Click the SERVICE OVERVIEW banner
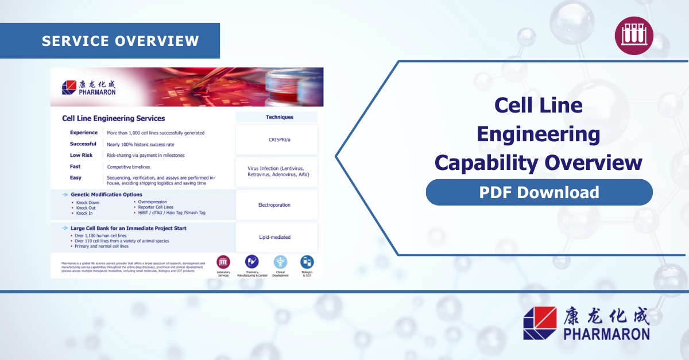pos(120,41)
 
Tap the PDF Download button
pos(539,192)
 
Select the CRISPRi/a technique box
pos(276,140)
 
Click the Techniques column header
pos(280,117)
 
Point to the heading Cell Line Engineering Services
pos(113,118)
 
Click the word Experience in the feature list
pos(84,133)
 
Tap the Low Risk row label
pos(81,155)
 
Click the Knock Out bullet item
pos(86,208)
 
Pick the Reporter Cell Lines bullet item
pos(156,207)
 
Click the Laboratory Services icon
pos(223,262)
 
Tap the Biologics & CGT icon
pos(307,262)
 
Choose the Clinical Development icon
pos(280,262)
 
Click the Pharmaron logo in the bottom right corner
pos(586,323)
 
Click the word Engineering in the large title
pos(538,134)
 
